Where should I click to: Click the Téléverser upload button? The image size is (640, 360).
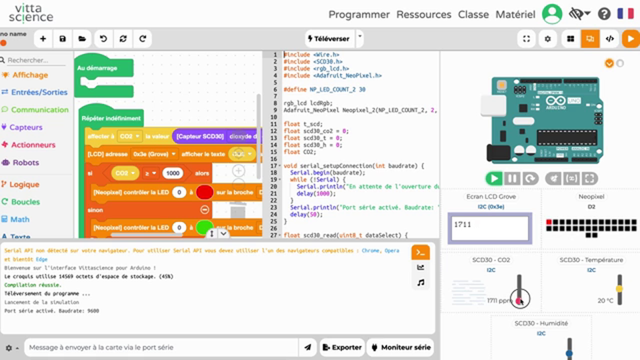329,38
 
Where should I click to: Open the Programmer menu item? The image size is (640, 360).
359,14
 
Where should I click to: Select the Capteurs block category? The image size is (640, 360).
26,127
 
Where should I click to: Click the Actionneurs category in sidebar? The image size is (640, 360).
33,145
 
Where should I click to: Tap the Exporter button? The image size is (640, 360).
341,347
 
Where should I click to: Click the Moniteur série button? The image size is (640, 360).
400,347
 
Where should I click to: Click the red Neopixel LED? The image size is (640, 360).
549,221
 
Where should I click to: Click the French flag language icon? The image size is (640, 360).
625,14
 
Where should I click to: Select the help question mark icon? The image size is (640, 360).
604,14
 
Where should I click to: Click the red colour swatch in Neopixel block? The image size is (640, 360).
204,192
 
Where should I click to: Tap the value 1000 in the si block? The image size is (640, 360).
173,173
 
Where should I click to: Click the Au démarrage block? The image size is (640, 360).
98,68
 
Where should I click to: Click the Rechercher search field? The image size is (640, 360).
35,60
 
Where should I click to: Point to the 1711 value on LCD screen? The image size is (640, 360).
462,224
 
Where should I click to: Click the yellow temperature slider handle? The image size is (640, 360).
619,289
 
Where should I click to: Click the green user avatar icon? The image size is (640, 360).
552,14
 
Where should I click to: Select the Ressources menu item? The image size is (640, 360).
423,14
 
